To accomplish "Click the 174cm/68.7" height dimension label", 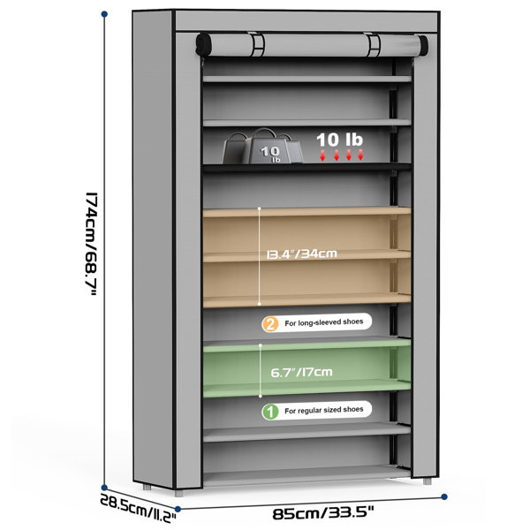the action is coord(91,245).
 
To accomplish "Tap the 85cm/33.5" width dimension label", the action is coord(323,513).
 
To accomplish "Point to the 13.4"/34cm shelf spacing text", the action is coord(302,254).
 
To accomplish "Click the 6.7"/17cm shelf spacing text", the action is coord(301,373).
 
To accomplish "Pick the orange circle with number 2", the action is coord(270,324).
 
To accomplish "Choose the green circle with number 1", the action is coord(270,412).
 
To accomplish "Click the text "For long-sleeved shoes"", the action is coord(324,322).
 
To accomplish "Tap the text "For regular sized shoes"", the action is coord(324,411).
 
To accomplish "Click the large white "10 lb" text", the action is coord(339,140).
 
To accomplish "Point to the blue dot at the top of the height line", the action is coord(104,14).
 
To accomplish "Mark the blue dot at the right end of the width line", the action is coord(444,496).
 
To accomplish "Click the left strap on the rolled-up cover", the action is coord(258,45).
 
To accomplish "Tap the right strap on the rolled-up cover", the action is coord(373,45).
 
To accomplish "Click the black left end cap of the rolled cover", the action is coord(203,45).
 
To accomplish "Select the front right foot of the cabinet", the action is coord(427,481).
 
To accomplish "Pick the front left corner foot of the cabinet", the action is coord(178,493).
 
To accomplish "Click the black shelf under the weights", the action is coord(307,167).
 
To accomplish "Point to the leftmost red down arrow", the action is coord(322,155).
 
